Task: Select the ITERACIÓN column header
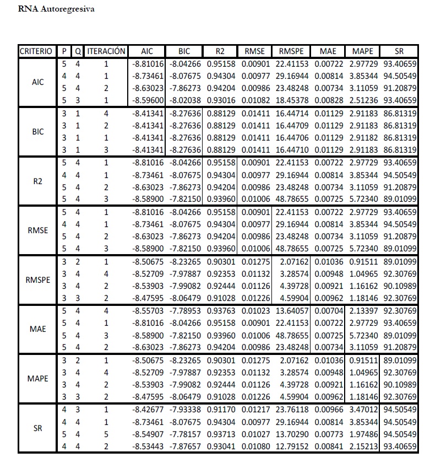[106, 51]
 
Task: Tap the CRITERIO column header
[36, 51]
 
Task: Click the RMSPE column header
[292, 51]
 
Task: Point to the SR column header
[399, 51]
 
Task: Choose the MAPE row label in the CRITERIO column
[37, 379]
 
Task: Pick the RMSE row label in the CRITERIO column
[37, 231]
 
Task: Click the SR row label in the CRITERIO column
[37, 428]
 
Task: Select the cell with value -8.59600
[149, 100]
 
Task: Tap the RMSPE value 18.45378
[292, 100]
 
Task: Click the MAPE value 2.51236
[362, 100]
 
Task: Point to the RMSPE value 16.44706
[292, 138]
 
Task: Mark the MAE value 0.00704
[328, 310]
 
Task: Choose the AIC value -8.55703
[149, 310]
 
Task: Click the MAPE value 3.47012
[362, 410]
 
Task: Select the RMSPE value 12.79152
[292, 446]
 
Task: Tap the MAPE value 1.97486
[362, 434]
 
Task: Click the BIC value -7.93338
[185, 410]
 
